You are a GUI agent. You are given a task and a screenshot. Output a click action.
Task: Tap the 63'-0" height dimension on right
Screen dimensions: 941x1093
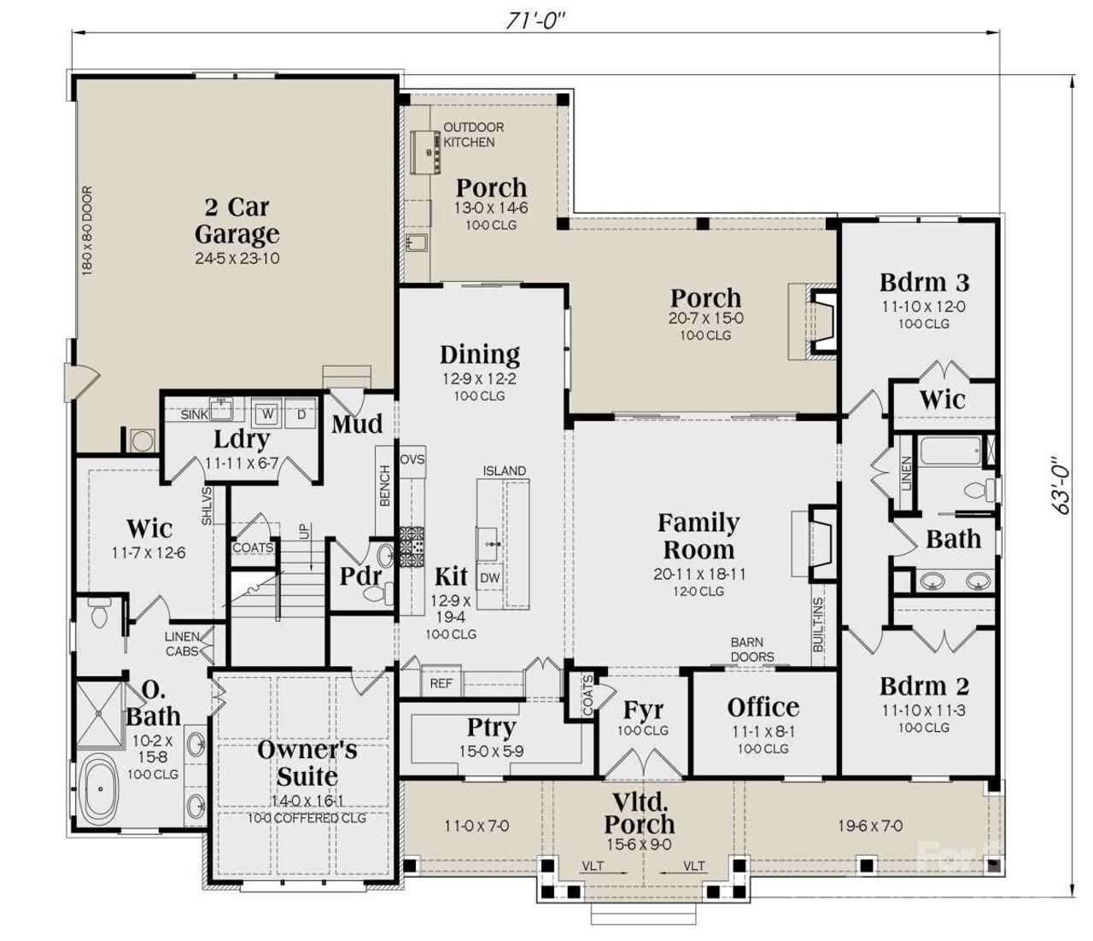[x=1061, y=484]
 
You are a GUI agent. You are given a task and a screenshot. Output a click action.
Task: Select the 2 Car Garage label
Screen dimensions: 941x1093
[x=237, y=220]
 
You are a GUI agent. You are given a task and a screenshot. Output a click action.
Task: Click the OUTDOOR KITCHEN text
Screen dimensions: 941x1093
[x=472, y=134]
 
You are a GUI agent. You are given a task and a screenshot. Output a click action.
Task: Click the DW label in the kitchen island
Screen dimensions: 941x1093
[x=489, y=578]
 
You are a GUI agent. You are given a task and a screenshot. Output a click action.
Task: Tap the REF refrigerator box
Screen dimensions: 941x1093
[x=441, y=684]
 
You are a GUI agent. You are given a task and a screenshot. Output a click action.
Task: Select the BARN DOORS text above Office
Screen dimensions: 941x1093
[x=751, y=650]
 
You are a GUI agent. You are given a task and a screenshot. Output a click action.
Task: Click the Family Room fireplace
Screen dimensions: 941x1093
[x=821, y=544]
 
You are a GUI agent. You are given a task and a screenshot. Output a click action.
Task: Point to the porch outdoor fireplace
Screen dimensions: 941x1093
[x=821, y=323]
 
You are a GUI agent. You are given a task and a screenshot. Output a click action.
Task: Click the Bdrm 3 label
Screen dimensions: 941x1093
[x=925, y=283]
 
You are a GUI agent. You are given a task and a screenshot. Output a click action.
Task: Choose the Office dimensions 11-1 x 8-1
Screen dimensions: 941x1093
[x=763, y=732]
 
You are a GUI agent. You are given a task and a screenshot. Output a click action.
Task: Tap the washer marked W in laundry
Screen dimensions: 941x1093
[x=268, y=413]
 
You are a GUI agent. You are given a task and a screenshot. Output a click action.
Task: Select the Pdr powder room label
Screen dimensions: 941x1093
[x=360, y=576]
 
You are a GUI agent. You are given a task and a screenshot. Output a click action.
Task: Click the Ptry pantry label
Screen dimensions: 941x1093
[x=491, y=728]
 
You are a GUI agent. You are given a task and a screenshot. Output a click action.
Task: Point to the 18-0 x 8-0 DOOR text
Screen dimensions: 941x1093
[x=87, y=231]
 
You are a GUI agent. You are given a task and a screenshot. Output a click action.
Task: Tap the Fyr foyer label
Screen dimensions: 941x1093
[x=643, y=710]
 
